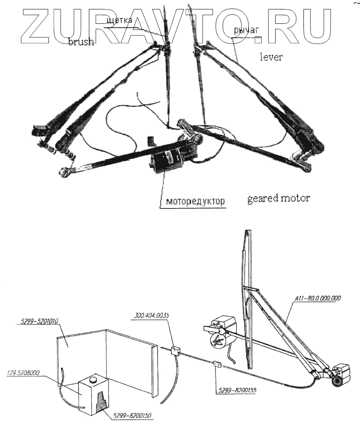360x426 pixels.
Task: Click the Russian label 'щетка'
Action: (119, 20)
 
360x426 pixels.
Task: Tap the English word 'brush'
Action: (81, 42)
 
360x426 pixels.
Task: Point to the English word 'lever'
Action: (271, 57)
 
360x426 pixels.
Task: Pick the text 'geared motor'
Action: (278, 198)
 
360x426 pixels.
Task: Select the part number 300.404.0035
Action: (151, 315)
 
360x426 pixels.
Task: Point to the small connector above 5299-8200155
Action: (217, 365)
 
